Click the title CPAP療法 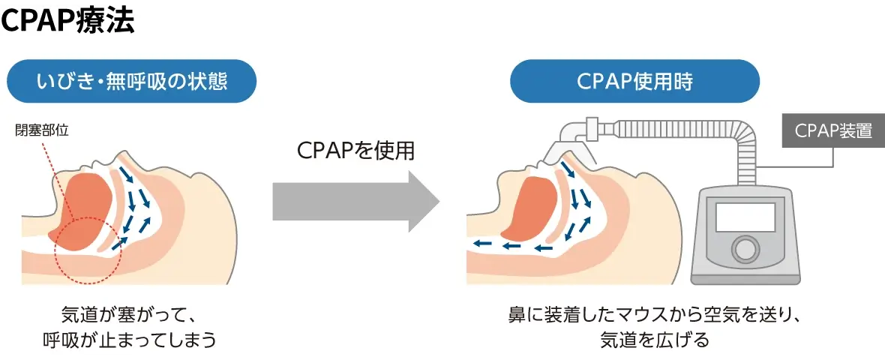(68, 21)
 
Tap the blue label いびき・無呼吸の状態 (132, 81)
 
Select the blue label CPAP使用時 (634, 81)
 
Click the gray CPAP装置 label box (833, 130)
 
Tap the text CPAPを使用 (355, 151)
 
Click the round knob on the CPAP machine (745, 248)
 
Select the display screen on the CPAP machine (745, 217)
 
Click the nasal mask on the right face (565, 151)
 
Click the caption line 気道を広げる (655, 340)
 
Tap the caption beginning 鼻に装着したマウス (655, 313)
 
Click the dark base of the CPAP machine (745, 280)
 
